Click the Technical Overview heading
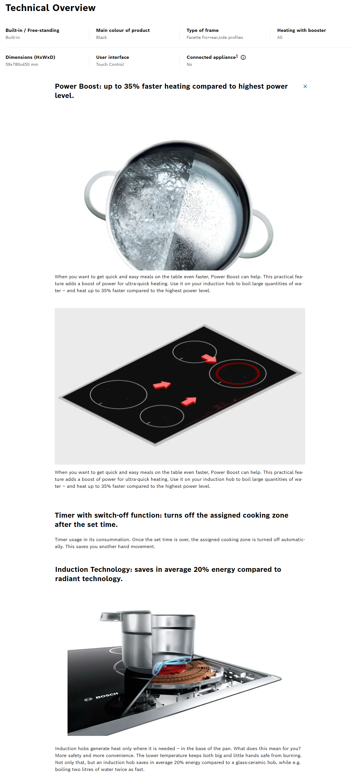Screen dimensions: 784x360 click(50, 8)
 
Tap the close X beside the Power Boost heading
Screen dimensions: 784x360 click(305, 86)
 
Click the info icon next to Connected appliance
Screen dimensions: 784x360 click(243, 57)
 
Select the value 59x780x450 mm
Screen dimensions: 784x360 click(22, 65)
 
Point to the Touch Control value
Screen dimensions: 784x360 click(110, 65)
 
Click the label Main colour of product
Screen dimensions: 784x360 click(123, 30)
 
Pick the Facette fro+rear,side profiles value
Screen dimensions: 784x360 click(214, 37)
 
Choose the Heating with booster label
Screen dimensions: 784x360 click(301, 30)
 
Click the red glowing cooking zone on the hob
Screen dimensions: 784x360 click(238, 373)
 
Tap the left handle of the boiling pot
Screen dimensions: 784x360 click(91, 195)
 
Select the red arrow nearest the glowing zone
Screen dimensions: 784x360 click(209, 359)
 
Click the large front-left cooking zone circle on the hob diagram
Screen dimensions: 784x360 click(118, 394)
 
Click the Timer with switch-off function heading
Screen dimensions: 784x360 click(171, 519)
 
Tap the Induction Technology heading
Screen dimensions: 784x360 click(168, 574)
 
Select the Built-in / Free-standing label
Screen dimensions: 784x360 click(32, 30)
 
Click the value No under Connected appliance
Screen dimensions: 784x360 click(189, 65)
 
